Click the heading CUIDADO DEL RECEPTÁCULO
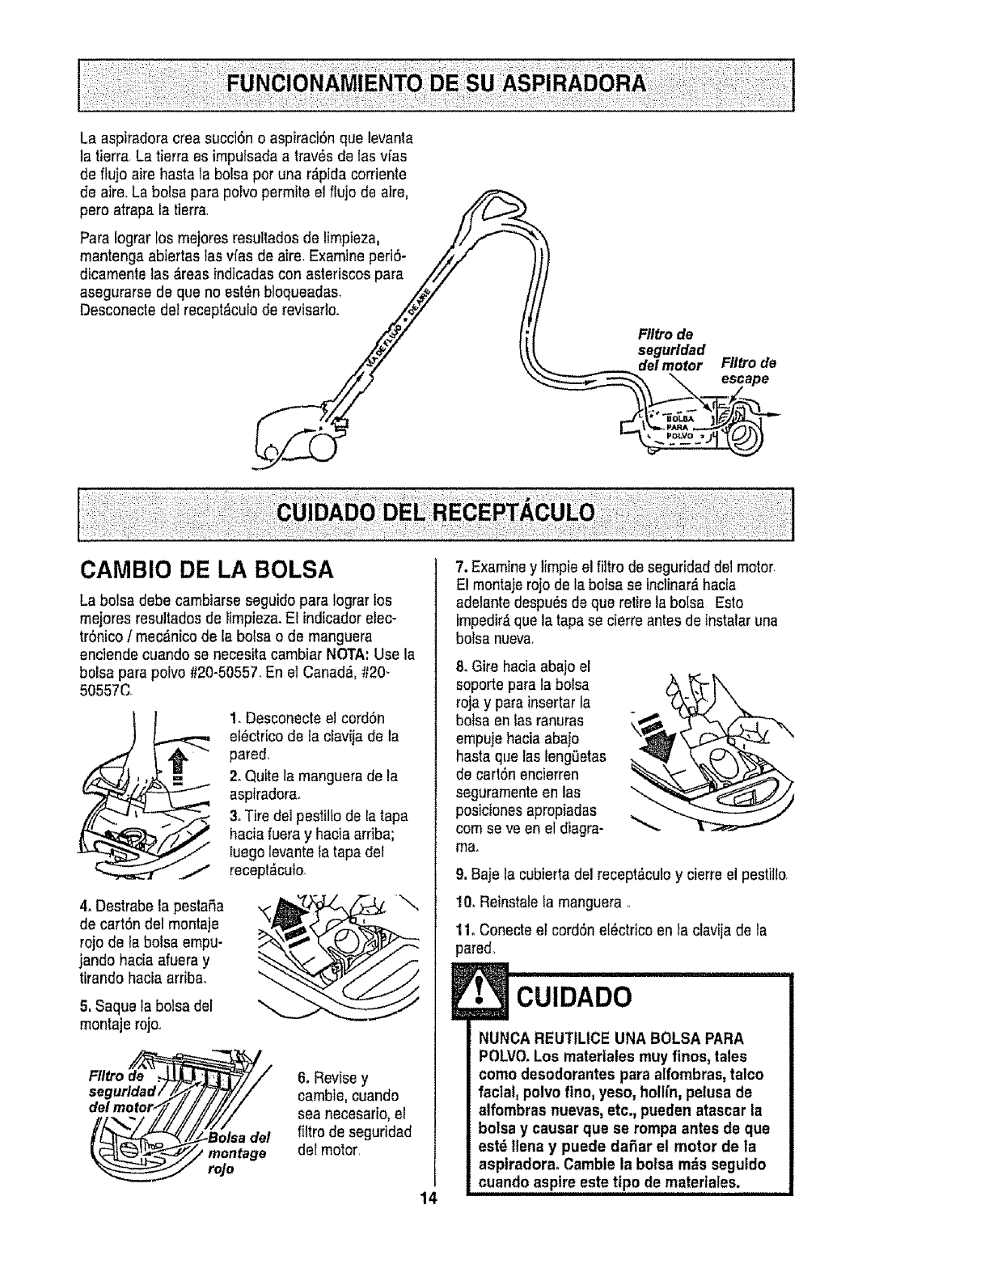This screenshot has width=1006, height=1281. [x=435, y=512]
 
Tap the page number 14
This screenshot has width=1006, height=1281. [x=428, y=1198]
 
